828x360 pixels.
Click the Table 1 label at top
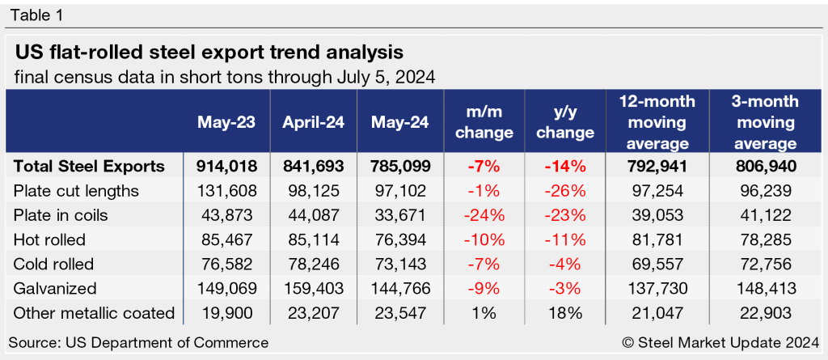click(x=36, y=15)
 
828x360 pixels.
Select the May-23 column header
click(x=226, y=122)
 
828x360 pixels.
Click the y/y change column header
click(x=566, y=122)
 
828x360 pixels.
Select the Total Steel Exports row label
click(x=90, y=167)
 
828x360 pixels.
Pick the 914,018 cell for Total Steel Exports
click(x=226, y=167)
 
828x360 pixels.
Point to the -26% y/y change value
click(x=566, y=190)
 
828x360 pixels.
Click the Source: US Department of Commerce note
click(x=139, y=342)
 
